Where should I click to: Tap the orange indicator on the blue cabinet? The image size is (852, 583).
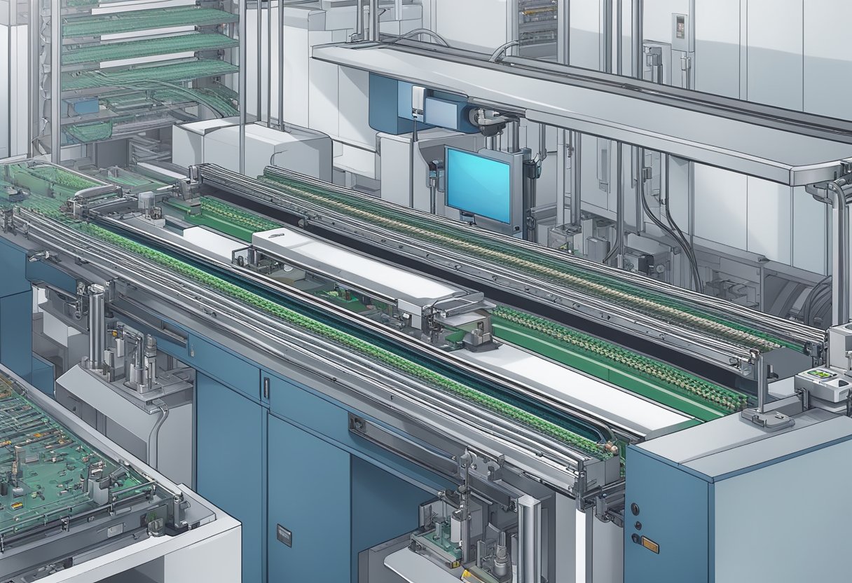(650, 544)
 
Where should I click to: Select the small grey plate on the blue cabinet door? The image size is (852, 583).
(284, 535)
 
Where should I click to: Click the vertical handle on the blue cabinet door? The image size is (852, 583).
(266, 390)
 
